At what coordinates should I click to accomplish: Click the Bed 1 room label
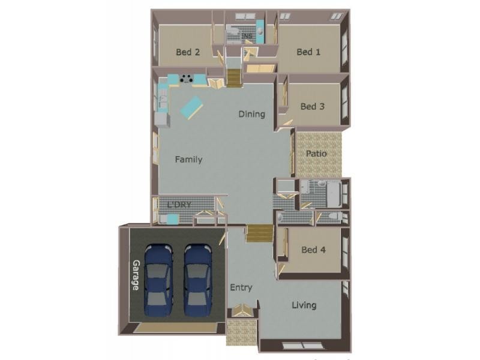(x=308, y=52)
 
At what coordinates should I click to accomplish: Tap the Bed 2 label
(x=188, y=52)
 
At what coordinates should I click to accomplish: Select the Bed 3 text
(x=312, y=107)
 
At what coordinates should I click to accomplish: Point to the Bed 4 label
(x=313, y=250)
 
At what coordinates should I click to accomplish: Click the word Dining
(x=251, y=114)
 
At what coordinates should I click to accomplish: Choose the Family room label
(x=188, y=160)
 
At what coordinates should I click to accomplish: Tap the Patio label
(x=316, y=154)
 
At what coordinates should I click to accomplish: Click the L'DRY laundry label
(x=179, y=205)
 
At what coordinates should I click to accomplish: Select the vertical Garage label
(x=136, y=275)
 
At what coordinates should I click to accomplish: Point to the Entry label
(x=241, y=288)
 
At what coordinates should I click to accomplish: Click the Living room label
(x=304, y=305)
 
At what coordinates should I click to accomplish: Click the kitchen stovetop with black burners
(x=187, y=78)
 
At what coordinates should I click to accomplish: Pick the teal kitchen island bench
(x=191, y=107)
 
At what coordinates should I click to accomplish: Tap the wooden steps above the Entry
(x=259, y=233)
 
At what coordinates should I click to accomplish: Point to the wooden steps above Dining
(x=234, y=77)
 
